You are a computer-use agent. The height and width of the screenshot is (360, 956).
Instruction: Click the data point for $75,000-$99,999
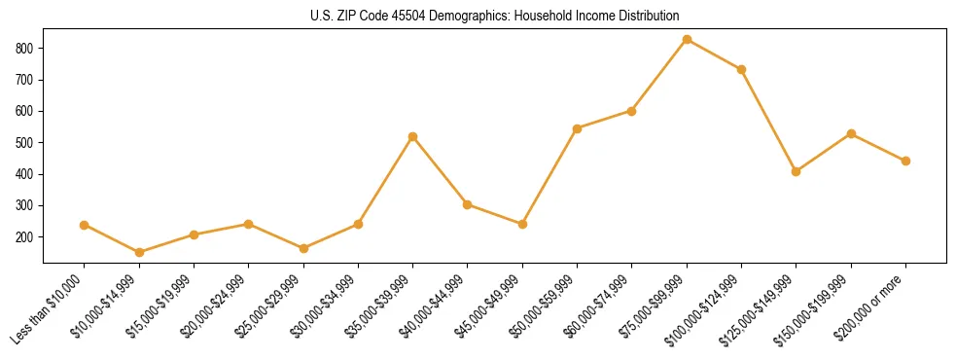pyautogui.click(x=687, y=40)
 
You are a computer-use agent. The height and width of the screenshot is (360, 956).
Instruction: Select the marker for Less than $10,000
pyautogui.click(x=85, y=225)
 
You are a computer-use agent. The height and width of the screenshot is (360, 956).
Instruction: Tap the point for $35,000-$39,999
pyautogui.click(x=413, y=137)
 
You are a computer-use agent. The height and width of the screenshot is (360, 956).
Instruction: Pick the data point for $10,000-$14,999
pyautogui.click(x=139, y=252)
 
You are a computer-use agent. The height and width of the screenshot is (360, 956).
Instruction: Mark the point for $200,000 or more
pyautogui.click(x=905, y=161)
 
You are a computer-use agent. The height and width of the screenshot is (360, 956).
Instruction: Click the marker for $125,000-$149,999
pyautogui.click(x=797, y=171)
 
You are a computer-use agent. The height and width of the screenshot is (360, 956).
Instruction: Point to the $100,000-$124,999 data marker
pyautogui.click(x=741, y=70)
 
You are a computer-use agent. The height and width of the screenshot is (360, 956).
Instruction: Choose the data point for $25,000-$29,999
pyautogui.click(x=303, y=248)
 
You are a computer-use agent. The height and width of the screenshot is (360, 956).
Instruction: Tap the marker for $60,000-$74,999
pyautogui.click(x=632, y=111)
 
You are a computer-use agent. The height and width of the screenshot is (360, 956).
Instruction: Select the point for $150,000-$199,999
pyautogui.click(x=851, y=133)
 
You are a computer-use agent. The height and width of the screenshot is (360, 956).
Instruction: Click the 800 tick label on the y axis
pyautogui.click(x=25, y=48)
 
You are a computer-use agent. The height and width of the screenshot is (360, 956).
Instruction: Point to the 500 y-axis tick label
pyautogui.click(x=25, y=143)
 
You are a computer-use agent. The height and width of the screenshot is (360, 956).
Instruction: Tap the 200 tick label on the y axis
pyautogui.click(x=25, y=237)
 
